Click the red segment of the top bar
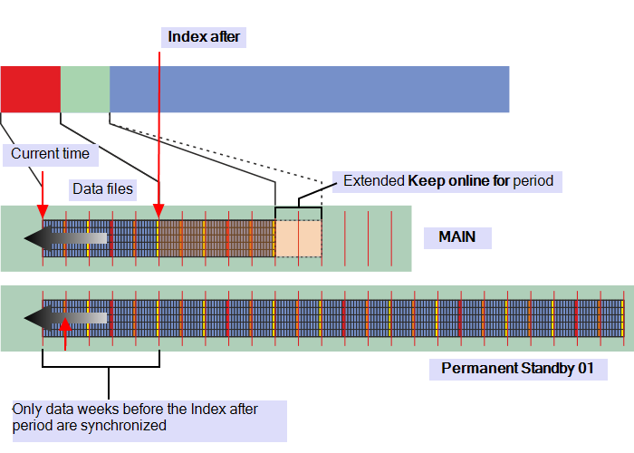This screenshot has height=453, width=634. tap(30, 89)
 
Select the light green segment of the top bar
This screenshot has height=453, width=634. tap(85, 89)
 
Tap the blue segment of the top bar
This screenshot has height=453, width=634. tap(309, 89)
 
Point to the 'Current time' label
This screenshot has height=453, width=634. tap(50, 154)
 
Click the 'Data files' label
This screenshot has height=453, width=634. tap(102, 189)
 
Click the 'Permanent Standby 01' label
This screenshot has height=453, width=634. tap(523, 369)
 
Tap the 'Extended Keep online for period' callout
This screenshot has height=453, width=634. tap(447, 181)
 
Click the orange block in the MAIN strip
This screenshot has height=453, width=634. tap(298, 238)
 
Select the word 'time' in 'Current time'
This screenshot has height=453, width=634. tap(75, 154)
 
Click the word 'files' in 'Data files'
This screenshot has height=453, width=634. tap(120, 189)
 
